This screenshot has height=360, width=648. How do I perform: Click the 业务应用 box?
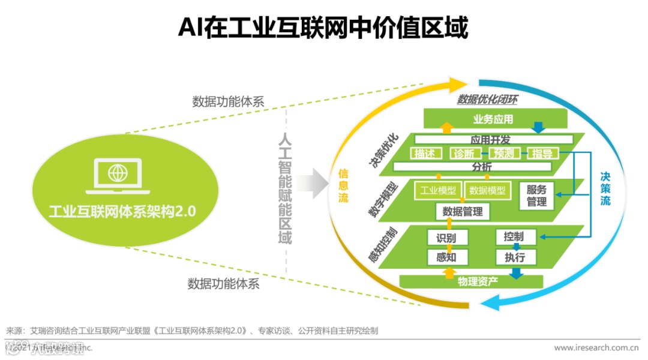click(x=493, y=119)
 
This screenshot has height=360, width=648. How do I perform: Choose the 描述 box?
click(x=424, y=154)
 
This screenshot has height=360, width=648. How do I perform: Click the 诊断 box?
click(x=464, y=154)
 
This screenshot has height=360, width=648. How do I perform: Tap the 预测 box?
click(x=503, y=154)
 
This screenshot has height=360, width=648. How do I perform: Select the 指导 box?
click(x=542, y=154)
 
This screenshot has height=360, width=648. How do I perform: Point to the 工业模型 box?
click(x=437, y=191)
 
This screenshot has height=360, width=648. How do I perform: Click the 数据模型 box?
click(x=487, y=191)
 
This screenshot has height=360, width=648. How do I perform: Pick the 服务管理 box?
click(x=536, y=196)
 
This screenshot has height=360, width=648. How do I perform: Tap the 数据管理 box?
click(x=462, y=211)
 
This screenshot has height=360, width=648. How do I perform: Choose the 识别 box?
click(x=446, y=238)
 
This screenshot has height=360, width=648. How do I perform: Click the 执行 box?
click(x=515, y=257)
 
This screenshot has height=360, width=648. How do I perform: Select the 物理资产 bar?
click(x=477, y=281)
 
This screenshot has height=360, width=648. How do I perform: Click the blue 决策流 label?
click(x=605, y=188)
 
